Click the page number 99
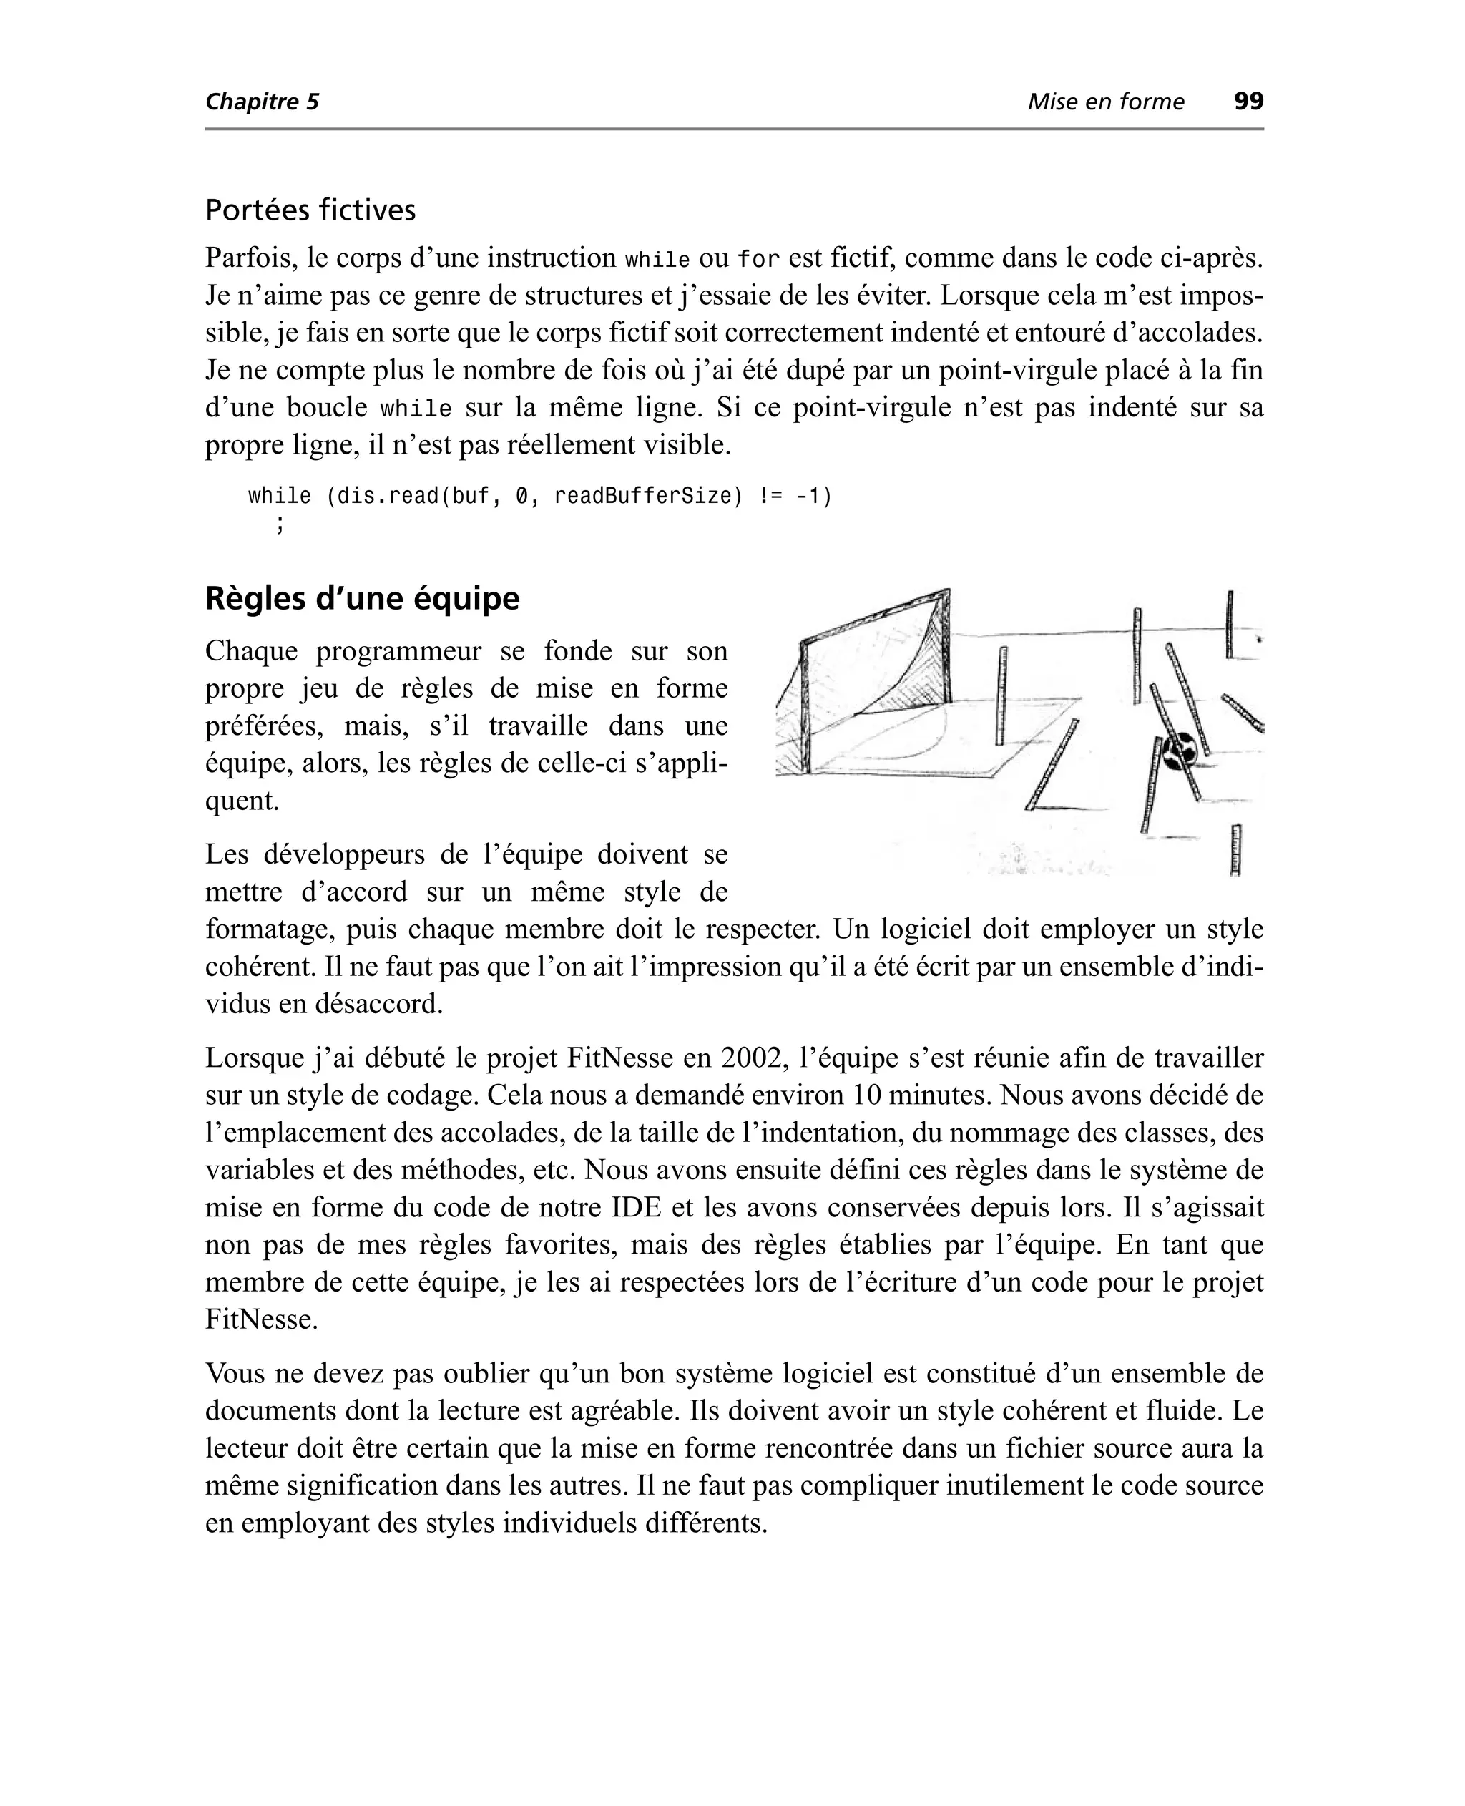click(1248, 102)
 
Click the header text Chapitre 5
click(263, 102)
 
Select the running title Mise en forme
click(1105, 102)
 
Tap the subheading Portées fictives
click(310, 210)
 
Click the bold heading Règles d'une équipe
click(362, 598)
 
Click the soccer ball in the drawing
click(1179, 749)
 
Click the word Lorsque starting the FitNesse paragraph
click(253, 1058)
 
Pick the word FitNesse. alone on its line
click(262, 1319)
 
